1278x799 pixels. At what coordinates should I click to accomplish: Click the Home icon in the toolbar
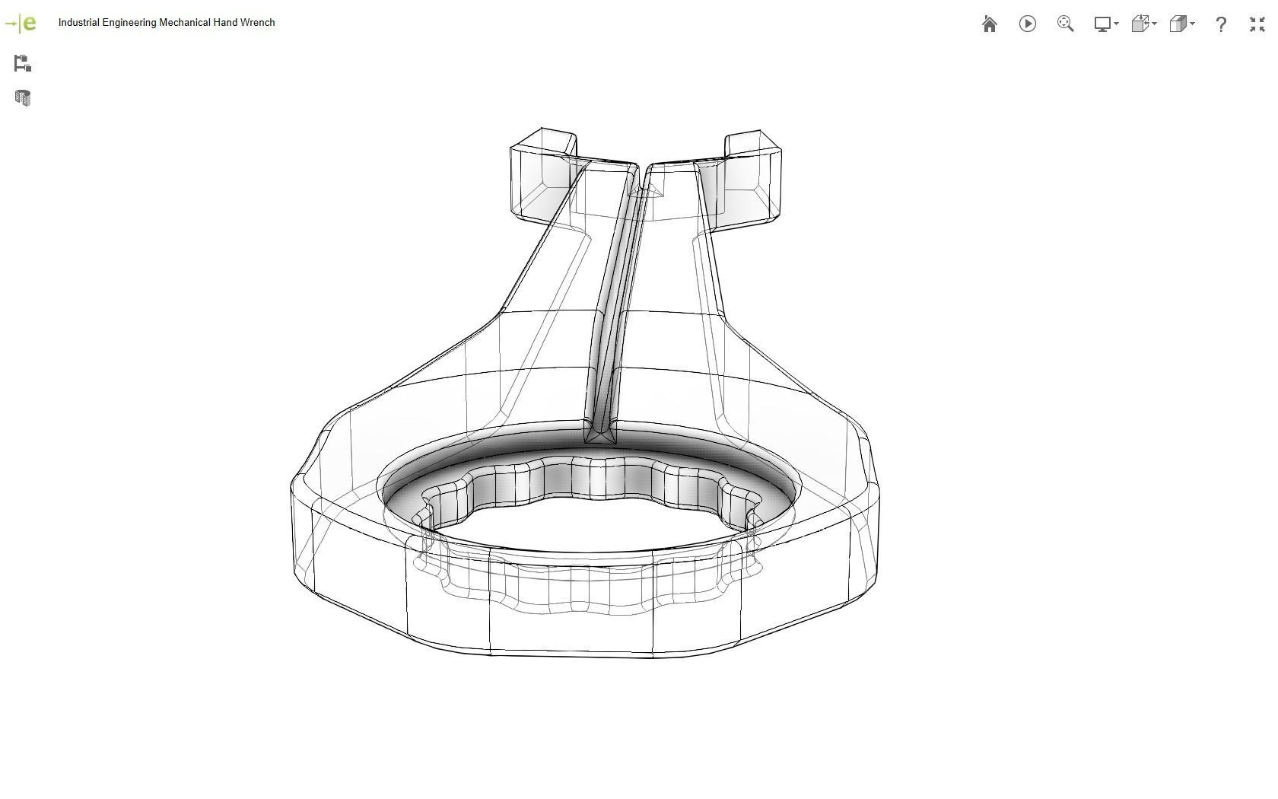pyautogui.click(x=989, y=24)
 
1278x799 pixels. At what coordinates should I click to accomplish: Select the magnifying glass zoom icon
pyautogui.click(x=1065, y=24)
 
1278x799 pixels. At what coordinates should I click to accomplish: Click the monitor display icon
pyautogui.click(x=1103, y=24)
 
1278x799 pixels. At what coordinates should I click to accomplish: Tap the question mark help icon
pyautogui.click(x=1221, y=24)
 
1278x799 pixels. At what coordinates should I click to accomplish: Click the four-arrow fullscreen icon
pyautogui.click(x=1257, y=24)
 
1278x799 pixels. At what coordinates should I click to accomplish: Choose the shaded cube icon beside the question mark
pyautogui.click(x=1178, y=24)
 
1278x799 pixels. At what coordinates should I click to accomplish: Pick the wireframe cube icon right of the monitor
pyautogui.click(x=1140, y=24)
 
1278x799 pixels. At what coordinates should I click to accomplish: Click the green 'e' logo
pyautogui.click(x=29, y=23)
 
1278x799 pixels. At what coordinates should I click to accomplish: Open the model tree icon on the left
pyautogui.click(x=22, y=63)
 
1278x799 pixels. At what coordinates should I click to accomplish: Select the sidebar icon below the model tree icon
pyautogui.click(x=22, y=98)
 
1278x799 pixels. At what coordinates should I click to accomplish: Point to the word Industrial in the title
pyautogui.click(x=78, y=23)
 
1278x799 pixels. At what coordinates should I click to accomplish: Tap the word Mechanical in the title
pyautogui.click(x=184, y=23)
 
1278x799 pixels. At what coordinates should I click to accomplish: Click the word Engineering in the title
pyautogui.click(x=129, y=23)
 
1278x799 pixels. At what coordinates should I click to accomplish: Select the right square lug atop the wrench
pyautogui.click(x=752, y=177)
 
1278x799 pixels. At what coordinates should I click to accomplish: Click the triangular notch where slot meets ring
pyautogui.click(x=601, y=435)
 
